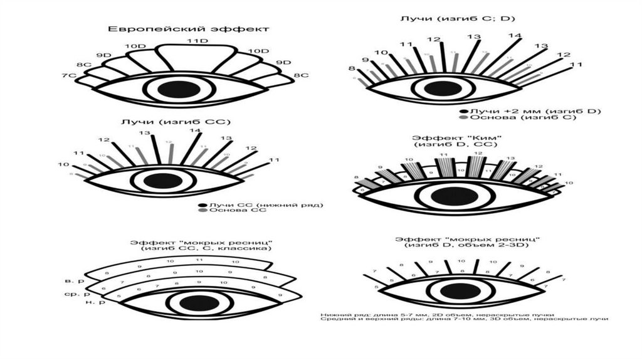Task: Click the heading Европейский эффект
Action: coord(188,29)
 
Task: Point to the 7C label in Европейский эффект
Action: coord(68,76)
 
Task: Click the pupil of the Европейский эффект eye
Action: coord(174,89)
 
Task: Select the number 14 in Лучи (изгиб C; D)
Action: coord(514,36)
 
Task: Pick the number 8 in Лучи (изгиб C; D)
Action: coord(352,68)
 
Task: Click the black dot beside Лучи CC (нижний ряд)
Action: coord(202,205)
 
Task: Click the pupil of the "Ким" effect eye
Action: coord(450,196)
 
